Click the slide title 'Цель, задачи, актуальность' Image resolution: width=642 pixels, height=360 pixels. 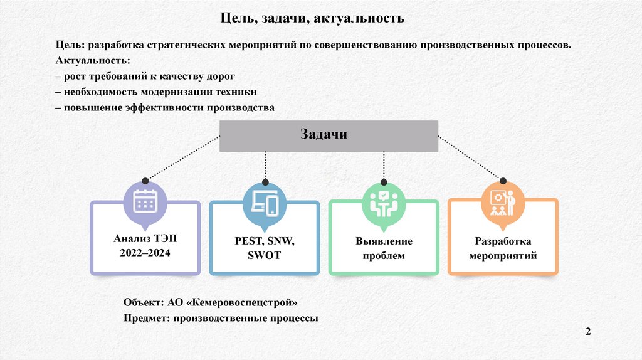pos(312,18)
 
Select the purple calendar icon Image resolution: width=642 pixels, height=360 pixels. pos(145,201)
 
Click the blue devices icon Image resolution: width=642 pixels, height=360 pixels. pos(265,202)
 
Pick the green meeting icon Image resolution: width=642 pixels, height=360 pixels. pos(384,202)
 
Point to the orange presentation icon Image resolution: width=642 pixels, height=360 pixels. pos(503,202)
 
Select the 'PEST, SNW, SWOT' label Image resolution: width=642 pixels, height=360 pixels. pos(265,248)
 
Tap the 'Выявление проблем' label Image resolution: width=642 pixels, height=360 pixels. pos(384,248)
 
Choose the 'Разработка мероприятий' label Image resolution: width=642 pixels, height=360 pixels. pos(503,248)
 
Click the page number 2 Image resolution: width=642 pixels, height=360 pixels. pos(588,332)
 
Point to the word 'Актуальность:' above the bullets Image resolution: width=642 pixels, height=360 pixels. pos(93,61)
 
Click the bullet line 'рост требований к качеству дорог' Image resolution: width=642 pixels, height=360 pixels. pos(149,77)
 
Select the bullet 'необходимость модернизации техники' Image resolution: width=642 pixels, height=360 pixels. pos(156,92)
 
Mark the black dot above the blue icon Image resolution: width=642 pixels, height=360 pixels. pos(265,182)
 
